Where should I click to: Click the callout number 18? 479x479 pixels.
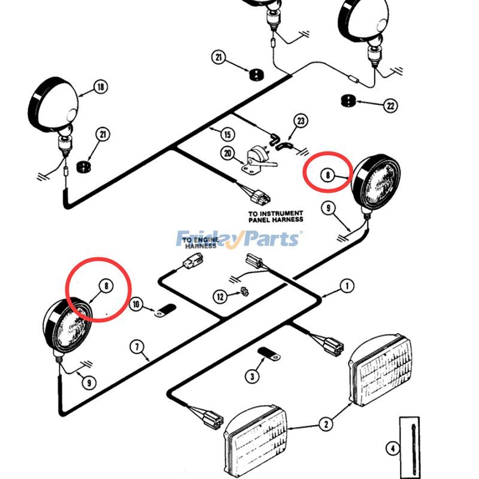tap(100, 87)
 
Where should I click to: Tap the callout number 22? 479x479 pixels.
tap(390, 106)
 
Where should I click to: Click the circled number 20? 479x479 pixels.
tap(227, 153)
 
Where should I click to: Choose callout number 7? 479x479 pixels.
tap(137, 346)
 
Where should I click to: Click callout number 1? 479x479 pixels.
tap(346, 286)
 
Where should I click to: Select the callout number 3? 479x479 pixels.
tap(252, 375)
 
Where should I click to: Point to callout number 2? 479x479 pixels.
tap(325, 425)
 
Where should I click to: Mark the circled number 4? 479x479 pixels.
tap(392, 447)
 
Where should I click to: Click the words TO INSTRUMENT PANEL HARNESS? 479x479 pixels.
tap(275, 216)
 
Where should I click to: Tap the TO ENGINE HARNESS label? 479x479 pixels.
tap(200, 242)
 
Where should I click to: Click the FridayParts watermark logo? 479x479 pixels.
tap(239, 239)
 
